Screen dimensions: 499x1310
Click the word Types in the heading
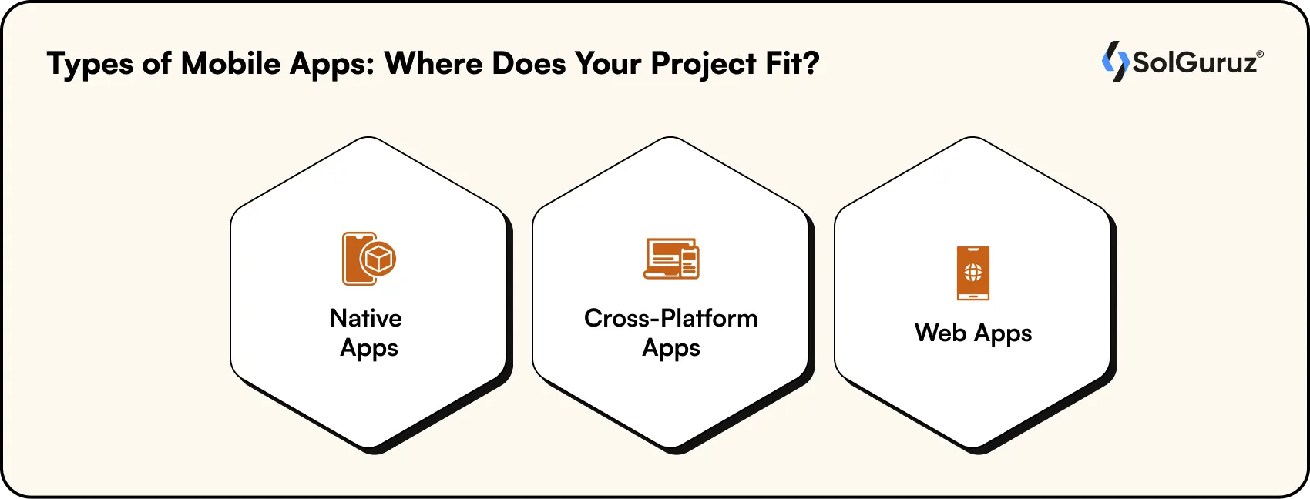[90, 65]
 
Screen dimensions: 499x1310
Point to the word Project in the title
[703, 65]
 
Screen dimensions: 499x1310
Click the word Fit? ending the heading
[792, 63]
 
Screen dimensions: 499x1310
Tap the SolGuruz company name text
[1194, 62]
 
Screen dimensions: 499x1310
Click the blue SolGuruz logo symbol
[1114, 62]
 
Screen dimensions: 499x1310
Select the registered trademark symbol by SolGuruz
[1260, 54]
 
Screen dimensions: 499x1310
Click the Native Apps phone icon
[357, 259]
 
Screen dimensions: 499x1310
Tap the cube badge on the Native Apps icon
[378, 259]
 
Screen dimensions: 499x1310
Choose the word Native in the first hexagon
[366, 318]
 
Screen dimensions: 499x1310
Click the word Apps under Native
[369, 348]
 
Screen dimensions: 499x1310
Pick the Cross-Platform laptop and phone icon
[671, 259]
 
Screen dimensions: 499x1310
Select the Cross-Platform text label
[670, 318]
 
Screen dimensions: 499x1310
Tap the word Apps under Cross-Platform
[671, 348]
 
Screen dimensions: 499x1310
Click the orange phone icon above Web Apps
[973, 273]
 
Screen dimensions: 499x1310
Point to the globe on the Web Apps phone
[973, 272]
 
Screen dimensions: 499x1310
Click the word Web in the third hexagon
[939, 333]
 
